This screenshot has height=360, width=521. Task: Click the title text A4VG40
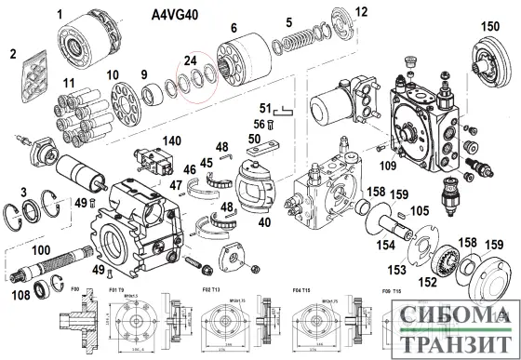179,16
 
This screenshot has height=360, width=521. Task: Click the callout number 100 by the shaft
42,250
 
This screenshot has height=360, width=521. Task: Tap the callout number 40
264,222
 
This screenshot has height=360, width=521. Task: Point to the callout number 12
336,12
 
